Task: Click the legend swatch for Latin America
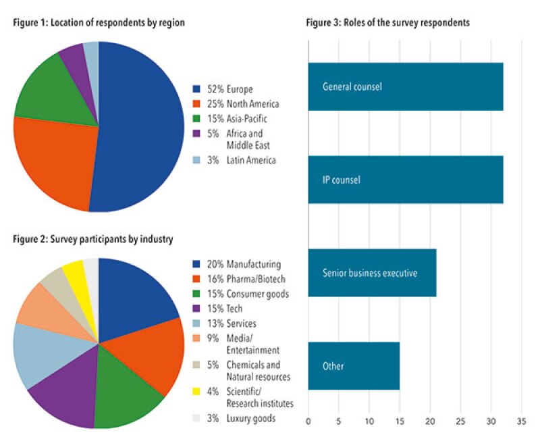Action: pyautogui.click(x=197, y=160)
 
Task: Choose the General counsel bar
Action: pyautogui.click(x=405, y=86)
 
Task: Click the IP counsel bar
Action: pyautogui.click(x=405, y=180)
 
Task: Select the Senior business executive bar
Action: pyautogui.click(x=372, y=273)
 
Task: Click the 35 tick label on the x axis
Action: pyautogui.click(x=520, y=421)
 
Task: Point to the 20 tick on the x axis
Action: pyautogui.click(x=429, y=421)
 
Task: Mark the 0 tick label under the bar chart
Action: pyautogui.click(x=308, y=421)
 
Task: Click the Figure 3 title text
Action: pyautogui.click(x=387, y=22)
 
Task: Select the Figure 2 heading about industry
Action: pyautogui.click(x=93, y=239)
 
